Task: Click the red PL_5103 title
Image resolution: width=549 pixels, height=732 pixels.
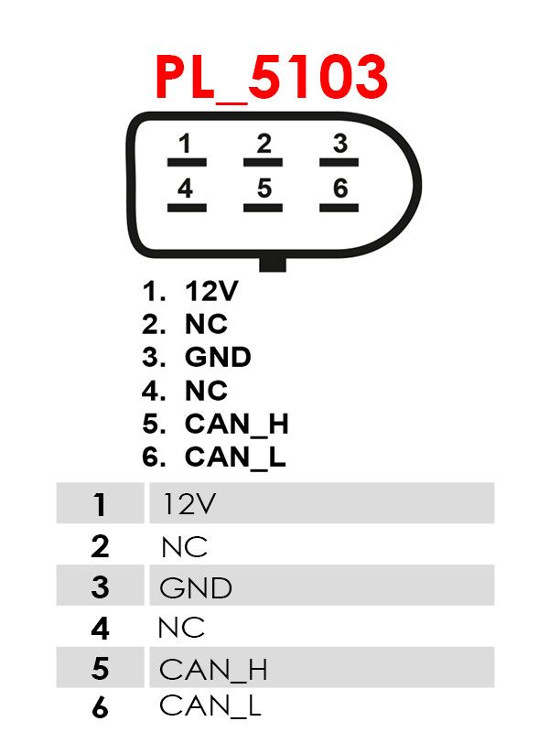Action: [271, 78]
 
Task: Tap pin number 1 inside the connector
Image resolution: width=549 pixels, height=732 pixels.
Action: [186, 144]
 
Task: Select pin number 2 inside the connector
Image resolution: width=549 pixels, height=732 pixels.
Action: [264, 144]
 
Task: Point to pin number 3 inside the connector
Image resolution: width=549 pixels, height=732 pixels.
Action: [339, 144]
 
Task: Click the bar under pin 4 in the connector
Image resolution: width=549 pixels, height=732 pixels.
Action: [187, 208]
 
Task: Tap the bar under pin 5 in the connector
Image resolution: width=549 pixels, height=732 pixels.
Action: [263, 208]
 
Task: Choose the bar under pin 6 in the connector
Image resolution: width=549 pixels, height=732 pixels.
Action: [339, 208]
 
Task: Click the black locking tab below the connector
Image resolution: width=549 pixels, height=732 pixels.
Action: [273, 264]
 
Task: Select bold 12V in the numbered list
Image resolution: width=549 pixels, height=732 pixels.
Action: [211, 291]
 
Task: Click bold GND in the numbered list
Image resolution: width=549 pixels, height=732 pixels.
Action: [218, 357]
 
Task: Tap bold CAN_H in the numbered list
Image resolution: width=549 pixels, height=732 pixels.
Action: [237, 424]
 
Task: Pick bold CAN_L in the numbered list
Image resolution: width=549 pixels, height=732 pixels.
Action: [235, 457]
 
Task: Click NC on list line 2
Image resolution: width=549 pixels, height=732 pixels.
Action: [207, 324]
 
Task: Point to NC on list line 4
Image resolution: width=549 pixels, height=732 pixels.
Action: [207, 391]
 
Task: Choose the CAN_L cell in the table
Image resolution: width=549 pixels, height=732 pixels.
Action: [210, 705]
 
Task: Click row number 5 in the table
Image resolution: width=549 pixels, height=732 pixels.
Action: [101, 668]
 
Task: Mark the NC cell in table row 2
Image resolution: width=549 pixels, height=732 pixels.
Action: [185, 547]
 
